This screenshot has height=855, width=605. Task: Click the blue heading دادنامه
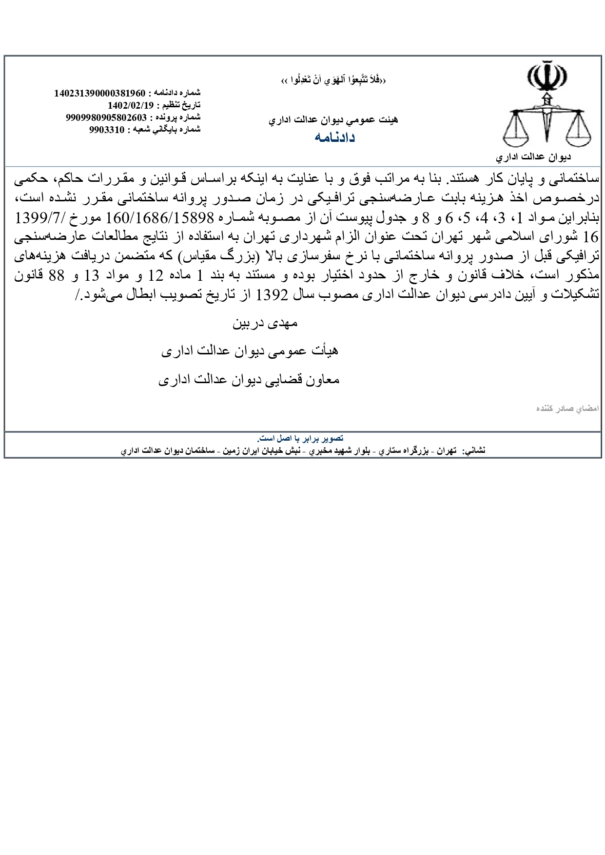334,137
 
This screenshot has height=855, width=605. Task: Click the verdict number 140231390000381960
99,93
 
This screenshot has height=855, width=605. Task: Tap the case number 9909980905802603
106,117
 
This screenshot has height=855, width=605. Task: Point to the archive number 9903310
107,130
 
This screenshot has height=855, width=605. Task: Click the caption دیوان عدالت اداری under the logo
533,157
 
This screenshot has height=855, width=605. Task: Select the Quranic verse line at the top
334,80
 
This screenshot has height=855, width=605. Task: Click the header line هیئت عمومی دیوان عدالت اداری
333,120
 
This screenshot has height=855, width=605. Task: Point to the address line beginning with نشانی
303,451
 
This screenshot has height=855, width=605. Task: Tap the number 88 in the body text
57,275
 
